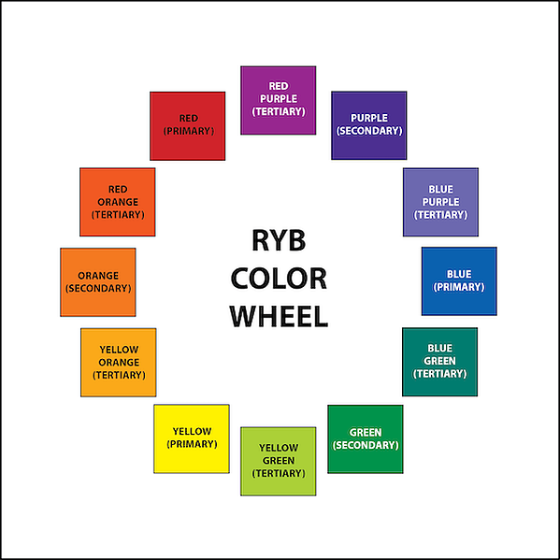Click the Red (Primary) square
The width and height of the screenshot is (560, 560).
[188, 126]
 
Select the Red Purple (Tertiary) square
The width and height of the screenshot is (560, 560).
[279, 100]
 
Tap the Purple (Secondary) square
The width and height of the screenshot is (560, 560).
[369, 125]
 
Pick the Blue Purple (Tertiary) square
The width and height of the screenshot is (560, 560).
[440, 202]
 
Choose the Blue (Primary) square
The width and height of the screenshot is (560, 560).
[459, 281]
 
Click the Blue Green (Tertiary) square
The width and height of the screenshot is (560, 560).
[439, 362]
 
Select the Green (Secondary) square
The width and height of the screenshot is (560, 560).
[366, 439]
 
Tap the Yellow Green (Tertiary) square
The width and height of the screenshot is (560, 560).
[279, 461]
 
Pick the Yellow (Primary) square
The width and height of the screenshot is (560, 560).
[192, 438]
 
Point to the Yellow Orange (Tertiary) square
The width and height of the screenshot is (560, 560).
[118, 363]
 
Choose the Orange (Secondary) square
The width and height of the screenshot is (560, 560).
[98, 282]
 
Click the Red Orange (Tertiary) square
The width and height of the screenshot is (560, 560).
[118, 202]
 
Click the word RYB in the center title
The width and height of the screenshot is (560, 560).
[279, 240]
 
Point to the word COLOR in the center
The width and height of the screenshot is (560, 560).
[279, 279]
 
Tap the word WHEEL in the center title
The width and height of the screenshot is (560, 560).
[279, 316]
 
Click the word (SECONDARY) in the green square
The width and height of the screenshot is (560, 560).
[366, 445]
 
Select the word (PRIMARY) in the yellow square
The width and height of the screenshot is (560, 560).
[192, 444]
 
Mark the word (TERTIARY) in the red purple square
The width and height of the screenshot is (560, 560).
[279, 112]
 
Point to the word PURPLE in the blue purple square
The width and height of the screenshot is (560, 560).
[440, 202]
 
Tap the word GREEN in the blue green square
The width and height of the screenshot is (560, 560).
[439, 361]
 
